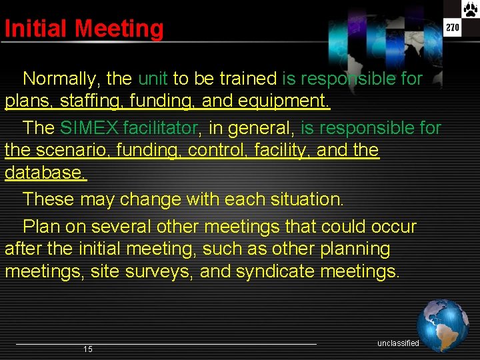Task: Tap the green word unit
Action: coord(153,79)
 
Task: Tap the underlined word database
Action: coord(45,173)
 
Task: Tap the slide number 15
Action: coord(88,349)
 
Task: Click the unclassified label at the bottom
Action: coord(398,343)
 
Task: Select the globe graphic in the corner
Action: coord(443,325)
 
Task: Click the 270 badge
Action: coord(453,27)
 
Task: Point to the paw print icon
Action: coord(469,9)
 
